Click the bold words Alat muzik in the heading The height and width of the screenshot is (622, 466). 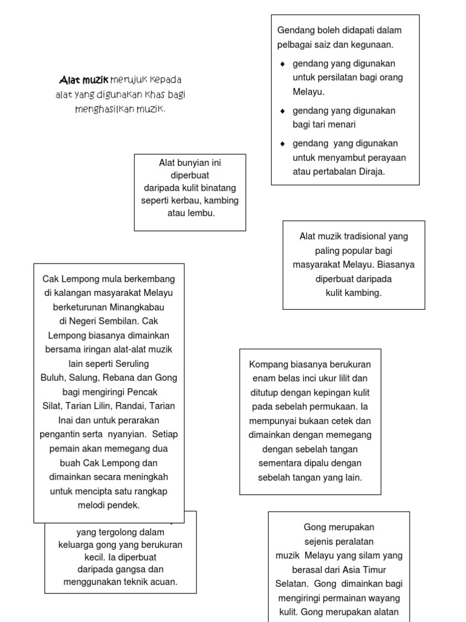click(x=84, y=80)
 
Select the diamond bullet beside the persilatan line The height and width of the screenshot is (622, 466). click(x=282, y=64)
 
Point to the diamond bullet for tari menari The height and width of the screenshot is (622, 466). click(x=282, y=111)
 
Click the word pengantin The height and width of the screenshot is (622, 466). click(x=61, y=434)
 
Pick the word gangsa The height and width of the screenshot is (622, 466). click(x=130, y=569)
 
